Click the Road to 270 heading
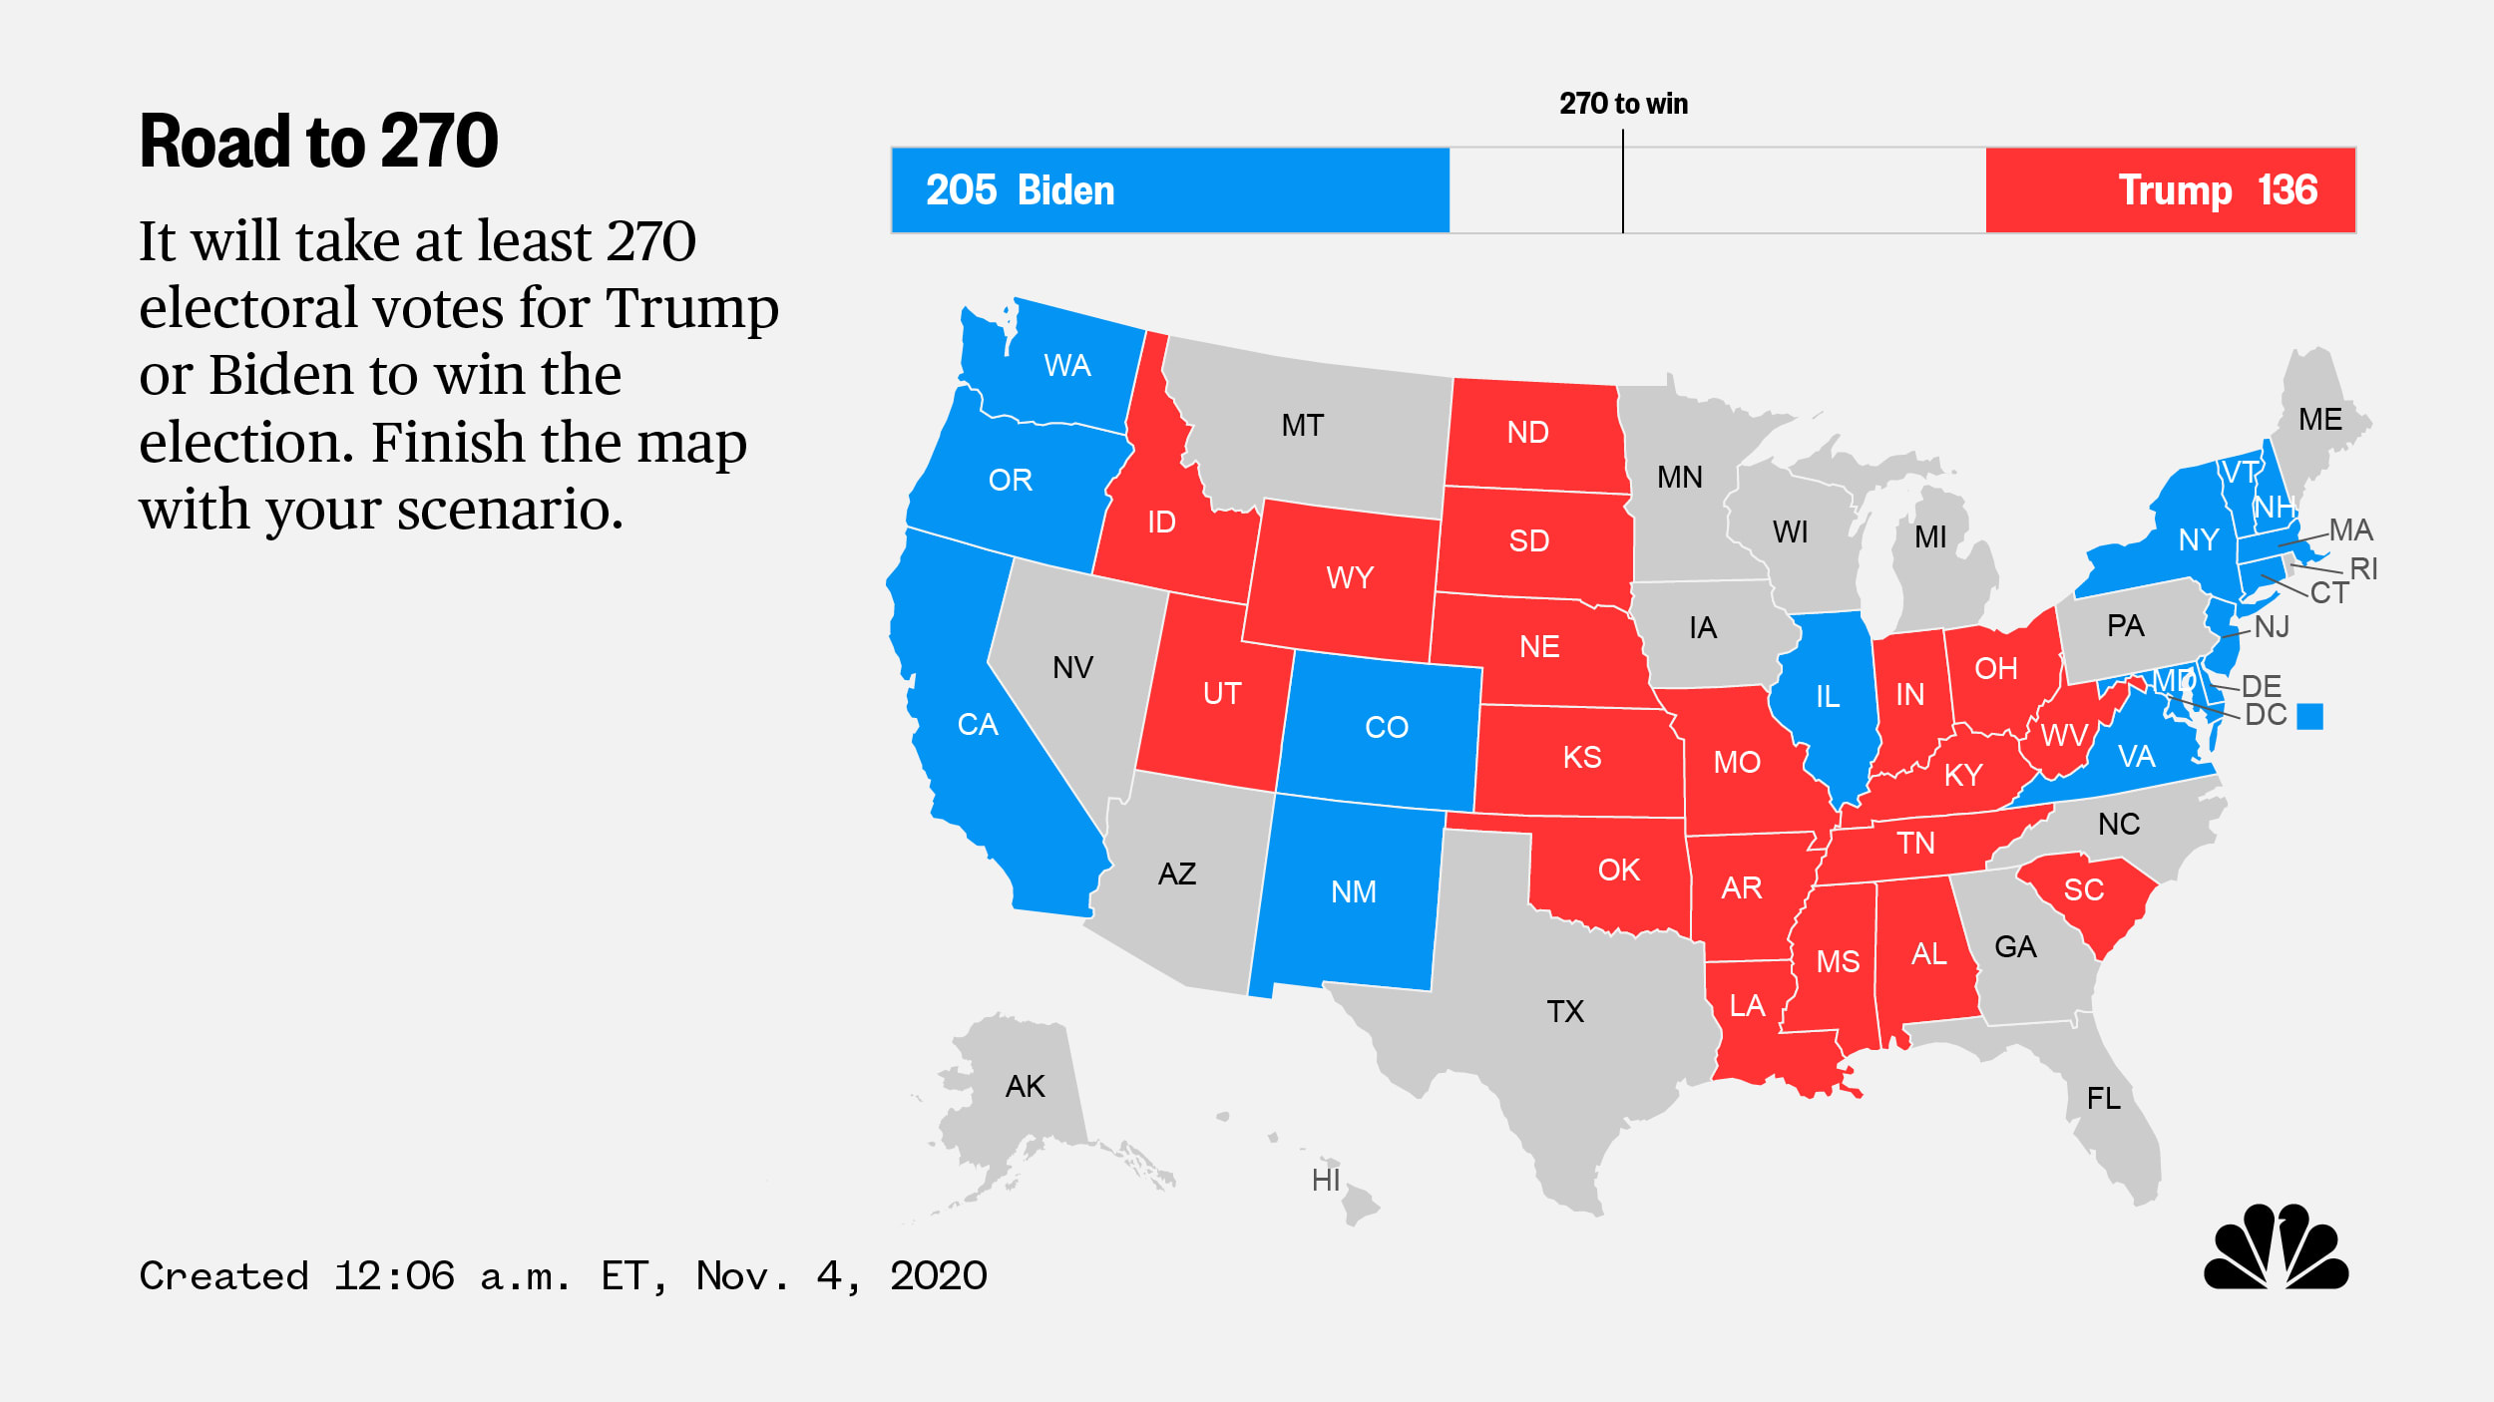tap(318, 142)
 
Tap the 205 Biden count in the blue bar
tap(1020, 190)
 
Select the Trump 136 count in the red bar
tap(2218, 190)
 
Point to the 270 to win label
tap(1623, 104)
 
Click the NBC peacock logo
tap(2276, 1247)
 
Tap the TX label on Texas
tap(1565, 1012)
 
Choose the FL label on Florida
tap(2104, 1099)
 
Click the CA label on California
tap(977, 725)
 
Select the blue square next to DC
tap(2309, 716)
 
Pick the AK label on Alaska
tap(1025, 1087)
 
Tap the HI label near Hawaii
tap(1326, 1181)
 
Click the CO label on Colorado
tap(1387, 728)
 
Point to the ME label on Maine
tap(2319, 420)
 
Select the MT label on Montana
tap(1302, 426)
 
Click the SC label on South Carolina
tap(2083, 890)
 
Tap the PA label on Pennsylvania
tap(2125, 626)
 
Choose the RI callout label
tap(2363, 569)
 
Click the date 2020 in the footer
tap(938, 1276)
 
